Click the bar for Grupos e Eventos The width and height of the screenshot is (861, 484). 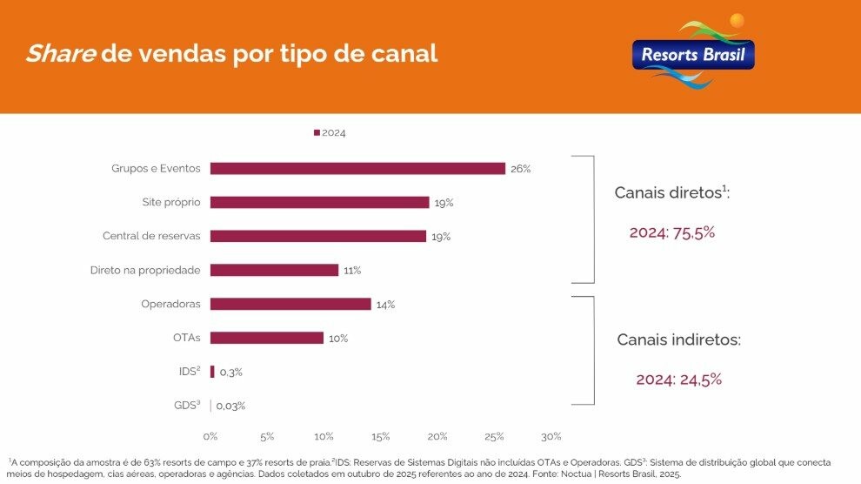(x=357, y=169)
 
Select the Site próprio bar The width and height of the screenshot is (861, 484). (x=319, y=203)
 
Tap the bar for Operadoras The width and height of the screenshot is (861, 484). (x=290, y=305)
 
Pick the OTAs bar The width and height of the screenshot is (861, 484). (x=267, y=338)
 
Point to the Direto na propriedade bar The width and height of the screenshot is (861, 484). (x=274, y=271)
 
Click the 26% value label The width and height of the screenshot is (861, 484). (x=520, y=169)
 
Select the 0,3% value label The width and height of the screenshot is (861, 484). (x=230, y=373)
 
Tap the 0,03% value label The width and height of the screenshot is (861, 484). (x=230, y=406)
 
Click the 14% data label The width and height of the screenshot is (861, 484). (x=385, y=305)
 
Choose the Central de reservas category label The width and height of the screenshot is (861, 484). (x=151, y=237)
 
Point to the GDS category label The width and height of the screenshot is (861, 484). (x=187, y=406)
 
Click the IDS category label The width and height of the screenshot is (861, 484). (x=189, y=372)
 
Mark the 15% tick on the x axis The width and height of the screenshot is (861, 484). (x=381, y=436)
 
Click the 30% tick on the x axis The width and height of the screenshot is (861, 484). (x=551, y=436)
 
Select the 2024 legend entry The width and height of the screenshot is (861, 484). (x=330, y=133)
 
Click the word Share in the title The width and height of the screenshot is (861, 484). (x=60, y=54)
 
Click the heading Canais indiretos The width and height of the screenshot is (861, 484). (x=678, y=339)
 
